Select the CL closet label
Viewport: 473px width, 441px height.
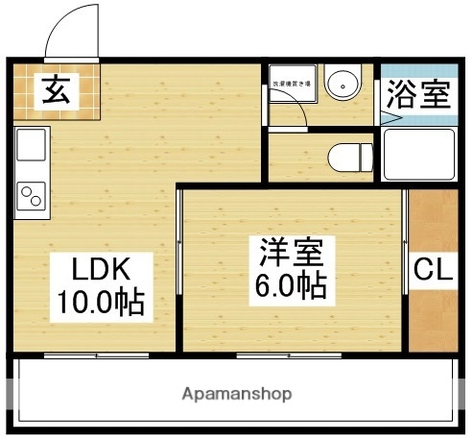tap(433, 272)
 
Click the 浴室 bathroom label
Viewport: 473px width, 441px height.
tap(417, 94)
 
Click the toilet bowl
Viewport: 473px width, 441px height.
tap(345, 155)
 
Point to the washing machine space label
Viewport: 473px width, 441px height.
tap(292, 86)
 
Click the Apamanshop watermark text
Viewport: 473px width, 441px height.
tap(236, 394)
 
